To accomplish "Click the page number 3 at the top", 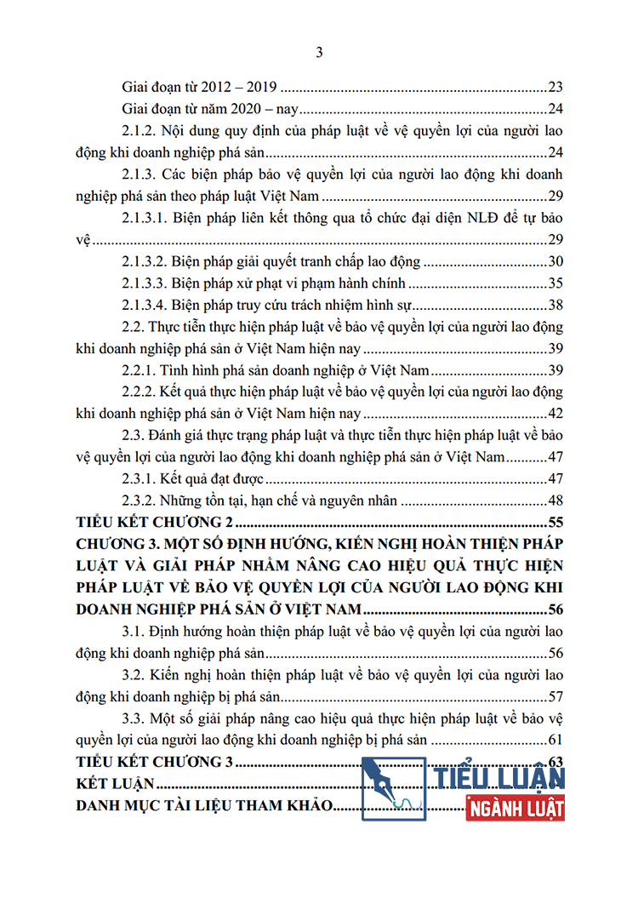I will pos(319,53).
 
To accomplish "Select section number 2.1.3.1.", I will pos(145,218).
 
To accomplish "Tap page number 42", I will pos(557,414).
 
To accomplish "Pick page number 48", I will pos(557,501).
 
